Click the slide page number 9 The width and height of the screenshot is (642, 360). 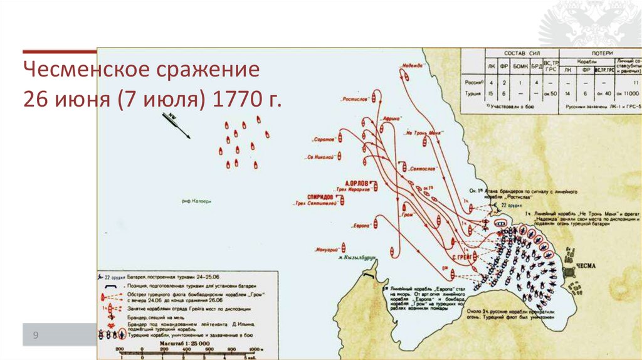(x=36, y=336)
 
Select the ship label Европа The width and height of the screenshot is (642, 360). (x=360, y=225)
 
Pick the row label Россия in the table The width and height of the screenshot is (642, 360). (x=473, y=82)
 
